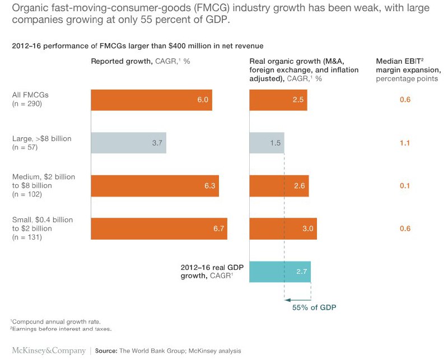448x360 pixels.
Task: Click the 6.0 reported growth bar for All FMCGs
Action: pos(151,100)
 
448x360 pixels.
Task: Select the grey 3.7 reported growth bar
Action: pos(128,143)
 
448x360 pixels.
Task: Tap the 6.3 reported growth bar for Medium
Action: pos(155,186)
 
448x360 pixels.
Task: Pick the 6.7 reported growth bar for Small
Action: pos(159,228)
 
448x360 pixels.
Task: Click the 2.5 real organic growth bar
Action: pos(278,100)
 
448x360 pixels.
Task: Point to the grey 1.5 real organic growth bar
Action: pos(267,143)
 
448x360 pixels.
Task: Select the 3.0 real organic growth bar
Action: pos(283,228)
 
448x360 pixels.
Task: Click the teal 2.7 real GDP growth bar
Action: pos(280,272)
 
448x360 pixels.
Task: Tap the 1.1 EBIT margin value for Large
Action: pos(405,143)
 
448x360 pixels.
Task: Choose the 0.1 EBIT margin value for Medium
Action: pos(405,186)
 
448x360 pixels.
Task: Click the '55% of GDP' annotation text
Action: pos(314,307)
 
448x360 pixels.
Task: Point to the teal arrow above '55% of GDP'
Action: pos(297,300)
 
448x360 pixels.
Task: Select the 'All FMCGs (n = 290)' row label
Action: pos(27,99)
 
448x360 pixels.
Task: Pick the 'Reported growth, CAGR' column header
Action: pos(141,61)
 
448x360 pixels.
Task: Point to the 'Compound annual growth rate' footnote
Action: pos(55,321)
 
